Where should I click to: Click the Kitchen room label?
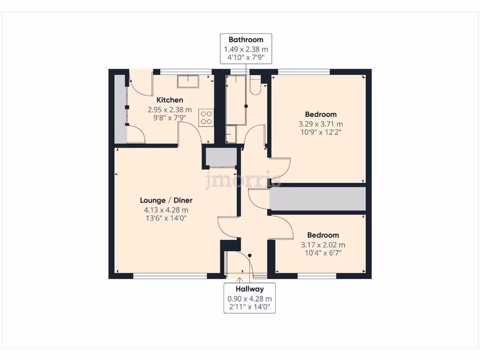pyautogui.click(x=170, y=100)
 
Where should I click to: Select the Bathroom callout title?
pyautogui.click(x=246, y=40)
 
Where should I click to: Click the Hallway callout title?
pyautogui.click(x=249, y=289)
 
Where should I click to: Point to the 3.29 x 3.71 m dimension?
pyautogui.click(x=321, y=124)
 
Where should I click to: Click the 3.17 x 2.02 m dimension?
pyautogui.click(x=322, y=245)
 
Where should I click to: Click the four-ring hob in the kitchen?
pyautogui.click(x=206, y=117)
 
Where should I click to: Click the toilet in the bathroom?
pyautogui.click(x=255, y=85)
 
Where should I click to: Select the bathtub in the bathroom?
pyautogui.click(x=236, y=100)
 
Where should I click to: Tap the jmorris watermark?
pyautogui.click(x=242, y=180)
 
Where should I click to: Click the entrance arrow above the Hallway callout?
pyautogui.click(x=241, y=280)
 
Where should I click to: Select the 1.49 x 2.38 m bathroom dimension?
pyautogui.click(x=246, y=49)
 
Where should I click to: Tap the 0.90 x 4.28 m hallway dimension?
pyautogui.click(x=249, y=299)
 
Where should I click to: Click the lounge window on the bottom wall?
pyautogui.click(x=170, y=276)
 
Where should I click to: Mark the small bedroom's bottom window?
pyautogui.click(x=317, y=276)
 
